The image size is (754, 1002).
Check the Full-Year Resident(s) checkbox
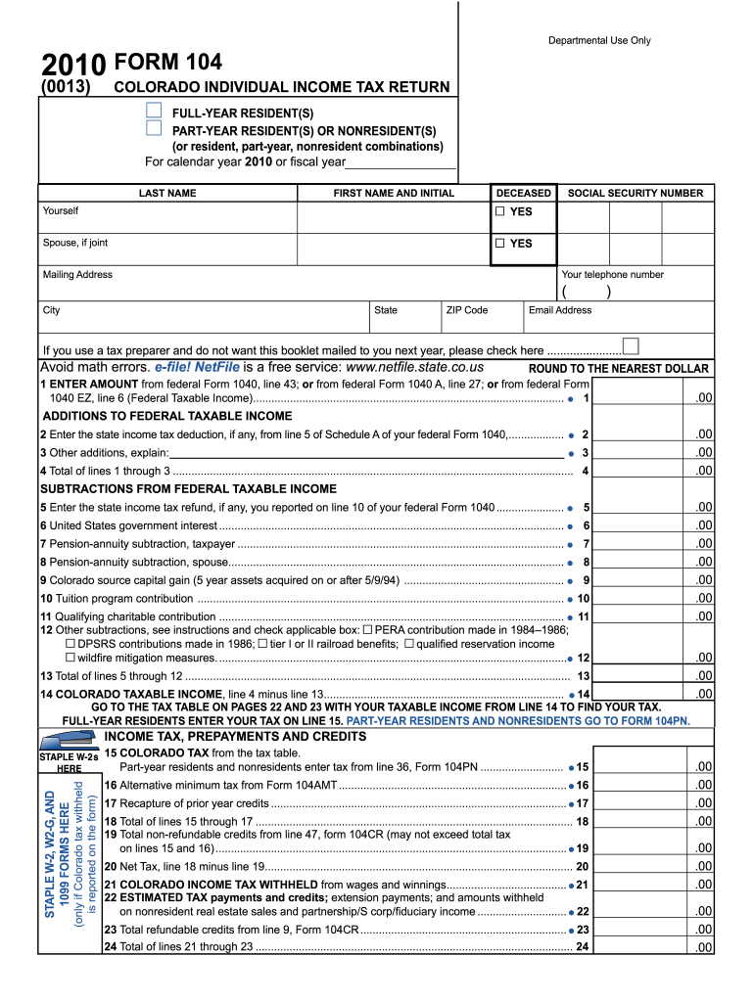coord(154,112)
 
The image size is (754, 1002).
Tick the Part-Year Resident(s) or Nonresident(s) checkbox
coord(154,128)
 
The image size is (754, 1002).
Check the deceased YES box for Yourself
coord(500,211)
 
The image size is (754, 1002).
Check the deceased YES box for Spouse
coord(500,243)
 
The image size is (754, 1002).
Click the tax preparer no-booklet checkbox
coord(631,346)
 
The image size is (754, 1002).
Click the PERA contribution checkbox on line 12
coord(368,630)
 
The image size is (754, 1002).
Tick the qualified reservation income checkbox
coord(409,644)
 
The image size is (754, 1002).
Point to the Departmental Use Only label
coord(598,40)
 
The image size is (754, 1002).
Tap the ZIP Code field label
coord(466,310)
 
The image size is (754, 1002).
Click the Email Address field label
coord(559,310)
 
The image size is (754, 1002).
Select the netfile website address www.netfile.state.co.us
coord(415,367)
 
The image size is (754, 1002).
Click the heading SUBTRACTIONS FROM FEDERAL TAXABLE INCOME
coord(187,488)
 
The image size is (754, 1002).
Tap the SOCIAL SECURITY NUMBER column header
coord(635,193)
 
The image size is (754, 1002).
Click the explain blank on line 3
coord(366,452)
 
